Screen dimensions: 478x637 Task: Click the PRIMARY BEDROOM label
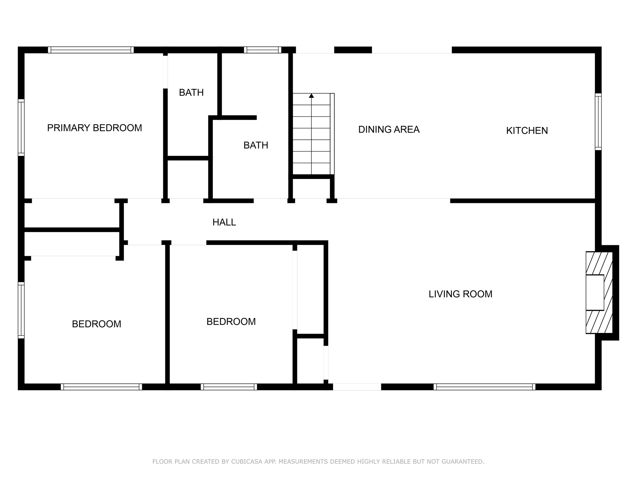point(94,128)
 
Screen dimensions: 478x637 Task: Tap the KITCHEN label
point(527,131)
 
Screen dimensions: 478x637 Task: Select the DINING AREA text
point(389,129)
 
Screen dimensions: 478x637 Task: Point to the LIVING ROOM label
point(460,294)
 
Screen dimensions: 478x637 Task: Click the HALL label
point(224,222)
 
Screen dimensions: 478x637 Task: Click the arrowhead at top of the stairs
point(311,96)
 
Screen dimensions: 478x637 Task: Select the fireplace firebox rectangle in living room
point(595,293)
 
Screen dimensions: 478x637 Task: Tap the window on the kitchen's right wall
point(598,122)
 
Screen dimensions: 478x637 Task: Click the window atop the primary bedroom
point(91,50)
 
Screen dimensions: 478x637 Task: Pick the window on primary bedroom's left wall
point(21,127)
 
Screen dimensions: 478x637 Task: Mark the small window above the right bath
point(263,50)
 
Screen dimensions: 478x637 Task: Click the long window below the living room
point(484,387)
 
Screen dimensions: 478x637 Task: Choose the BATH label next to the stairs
point(256,145)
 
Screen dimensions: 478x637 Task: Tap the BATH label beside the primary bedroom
point(191,92)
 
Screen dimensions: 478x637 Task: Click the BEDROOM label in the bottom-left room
point(96,324)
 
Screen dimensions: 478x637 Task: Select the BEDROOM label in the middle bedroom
point(231,321)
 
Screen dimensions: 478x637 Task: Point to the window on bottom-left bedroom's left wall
point(21,310)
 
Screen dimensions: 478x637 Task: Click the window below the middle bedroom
point(229,387)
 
